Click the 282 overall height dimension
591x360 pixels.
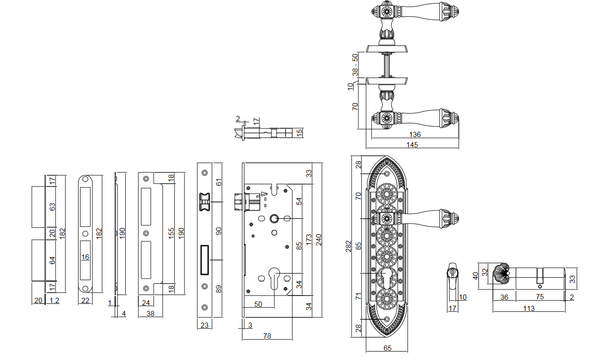[349, 246]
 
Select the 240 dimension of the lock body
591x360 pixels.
[319, 240]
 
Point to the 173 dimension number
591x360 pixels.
[309, 239]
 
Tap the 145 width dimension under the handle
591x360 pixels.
[412, 145]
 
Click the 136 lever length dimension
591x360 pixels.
[415, 135]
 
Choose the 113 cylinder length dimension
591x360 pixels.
[529, 308]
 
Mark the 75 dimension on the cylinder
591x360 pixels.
[540, 296]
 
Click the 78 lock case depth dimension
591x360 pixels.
[267, 336]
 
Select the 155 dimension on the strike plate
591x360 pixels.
[171, 233]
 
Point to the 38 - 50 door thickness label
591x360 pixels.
[355, 65]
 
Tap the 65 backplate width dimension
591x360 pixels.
[387, 348]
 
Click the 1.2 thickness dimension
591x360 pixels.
[54, 300]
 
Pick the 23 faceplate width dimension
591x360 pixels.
[205, 325]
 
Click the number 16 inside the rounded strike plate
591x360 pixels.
[85, 257]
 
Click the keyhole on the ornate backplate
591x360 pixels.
[386, 279]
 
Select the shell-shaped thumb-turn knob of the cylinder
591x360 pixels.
[501, 274]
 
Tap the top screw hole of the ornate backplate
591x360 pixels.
[387, 174]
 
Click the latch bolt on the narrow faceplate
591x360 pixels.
[205, 202]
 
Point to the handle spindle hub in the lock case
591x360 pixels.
[274, 218]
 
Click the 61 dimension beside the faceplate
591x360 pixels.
[219, 182]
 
